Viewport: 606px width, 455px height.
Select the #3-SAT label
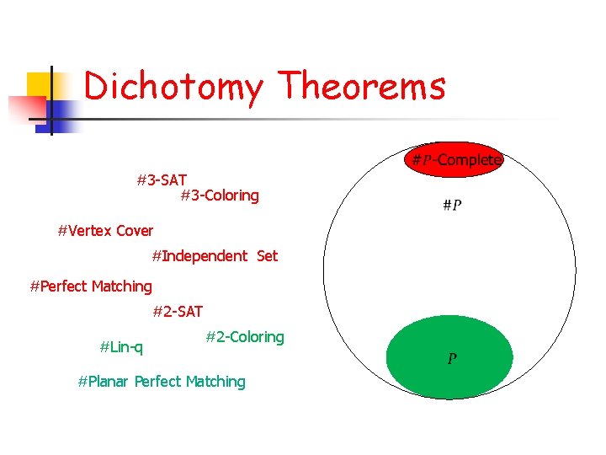pos(162,180)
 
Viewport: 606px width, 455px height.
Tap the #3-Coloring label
pos(220,196)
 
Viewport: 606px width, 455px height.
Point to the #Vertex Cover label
pos(105,231)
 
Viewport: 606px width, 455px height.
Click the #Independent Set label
pos(215,256)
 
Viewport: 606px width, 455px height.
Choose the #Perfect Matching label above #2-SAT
pos(91,286)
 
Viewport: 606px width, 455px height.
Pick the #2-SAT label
pos(178,312)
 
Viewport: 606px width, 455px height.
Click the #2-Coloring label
pos(245,337)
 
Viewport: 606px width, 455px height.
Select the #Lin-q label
pos(121,346)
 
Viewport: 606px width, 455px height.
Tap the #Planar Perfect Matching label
pos(162,382)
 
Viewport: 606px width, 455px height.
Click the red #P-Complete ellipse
pos(454,159)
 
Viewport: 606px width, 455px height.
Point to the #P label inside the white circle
pos(452,205)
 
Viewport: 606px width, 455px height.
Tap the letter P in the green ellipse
pos(452,360)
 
